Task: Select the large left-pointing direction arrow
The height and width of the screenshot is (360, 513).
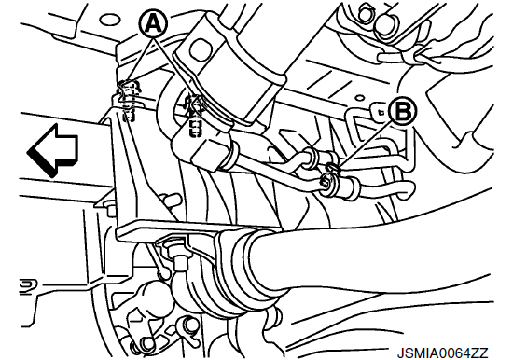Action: tap(53, 150)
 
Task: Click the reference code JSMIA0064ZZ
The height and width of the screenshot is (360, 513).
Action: tap(442, 353)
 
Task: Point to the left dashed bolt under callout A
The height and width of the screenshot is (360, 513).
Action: tap(129, 101)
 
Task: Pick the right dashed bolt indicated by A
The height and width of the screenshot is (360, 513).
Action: tap(195, 116)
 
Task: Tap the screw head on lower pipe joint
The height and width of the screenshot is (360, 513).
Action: tap(326, 184)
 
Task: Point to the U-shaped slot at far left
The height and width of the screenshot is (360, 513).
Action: tap(29, 286)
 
